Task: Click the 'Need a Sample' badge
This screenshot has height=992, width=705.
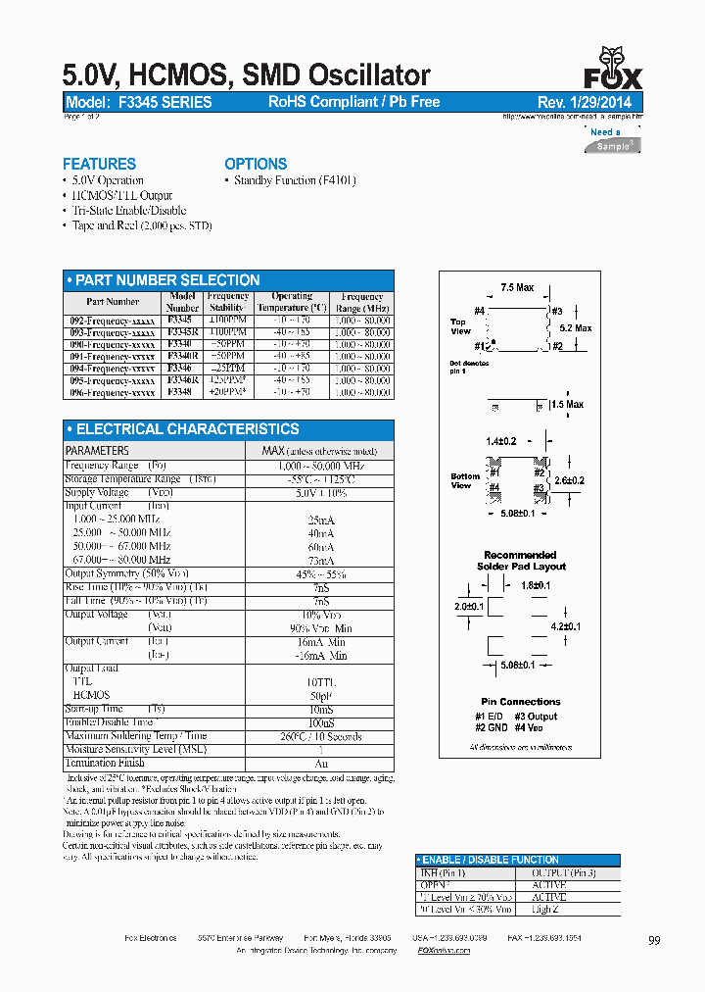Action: (x=611, y=139)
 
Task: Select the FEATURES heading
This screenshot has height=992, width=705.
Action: (x=99, y=164)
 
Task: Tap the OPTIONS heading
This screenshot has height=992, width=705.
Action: (x=256, y=164)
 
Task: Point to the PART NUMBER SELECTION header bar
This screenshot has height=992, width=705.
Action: (x=228, y=280)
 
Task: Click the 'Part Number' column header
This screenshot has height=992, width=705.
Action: (x=113, y=302)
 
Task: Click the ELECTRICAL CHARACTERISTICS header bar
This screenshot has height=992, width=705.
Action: (x=228, y=429)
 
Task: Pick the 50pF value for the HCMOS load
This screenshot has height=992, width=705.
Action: (x=320, y=695)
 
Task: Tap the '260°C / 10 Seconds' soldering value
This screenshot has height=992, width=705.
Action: (x=320, y=736)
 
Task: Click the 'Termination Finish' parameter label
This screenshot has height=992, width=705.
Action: (x=105, y=763)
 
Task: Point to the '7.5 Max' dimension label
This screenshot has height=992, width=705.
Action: (x=517, y=287)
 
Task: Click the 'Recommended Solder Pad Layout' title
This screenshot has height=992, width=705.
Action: (x=520, y=561)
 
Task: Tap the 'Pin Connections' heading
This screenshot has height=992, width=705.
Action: (x=521, y=702)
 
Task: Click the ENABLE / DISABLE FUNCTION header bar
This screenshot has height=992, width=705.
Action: (x=517, y=860)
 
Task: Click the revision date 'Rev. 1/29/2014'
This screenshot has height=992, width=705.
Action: (x=585, y=102)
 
